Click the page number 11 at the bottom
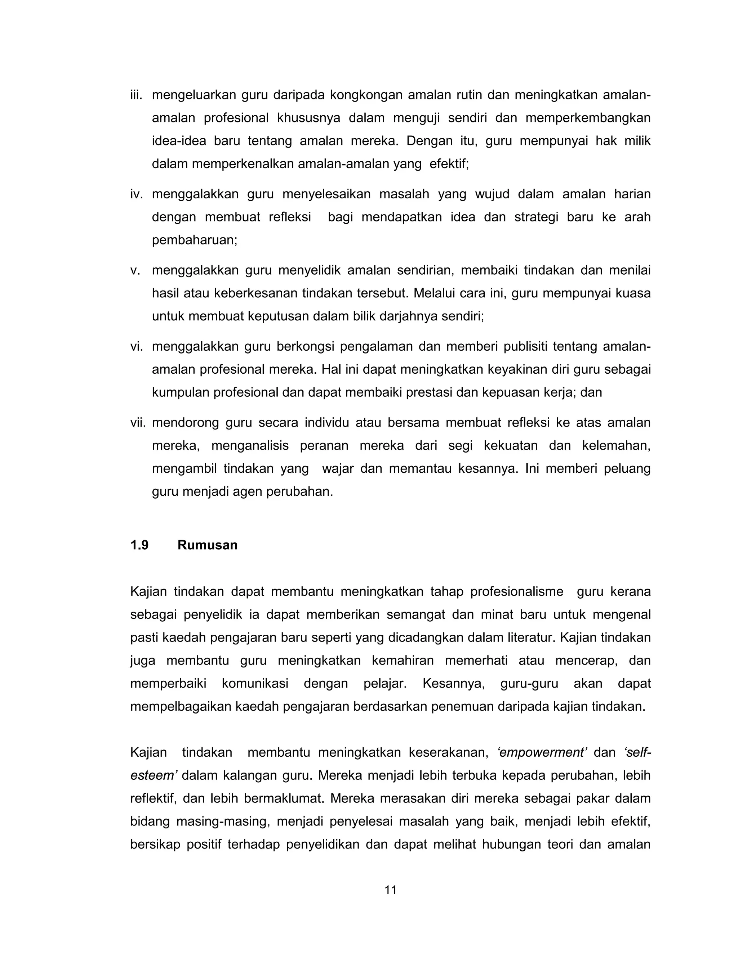point(390,890)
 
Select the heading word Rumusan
point(207,545)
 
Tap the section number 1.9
point(139,545)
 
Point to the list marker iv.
point(137,194)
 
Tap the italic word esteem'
point(153,775)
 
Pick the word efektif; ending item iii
point(449,164)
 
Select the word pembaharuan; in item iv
point(195,240)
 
